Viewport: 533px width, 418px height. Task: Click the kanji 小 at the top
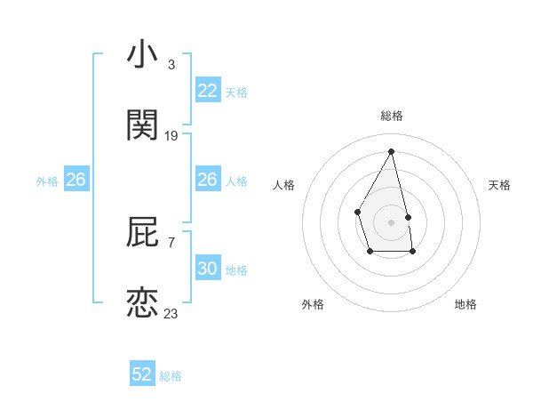click(142, 55)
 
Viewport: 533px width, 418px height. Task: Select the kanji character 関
click(142, 125)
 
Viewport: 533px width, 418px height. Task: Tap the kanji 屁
click(142, 231)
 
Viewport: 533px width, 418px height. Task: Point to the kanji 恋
click(142, 302)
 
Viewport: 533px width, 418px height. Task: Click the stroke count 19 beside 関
click(171, 136)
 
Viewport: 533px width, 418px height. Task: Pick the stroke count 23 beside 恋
click(171, 313)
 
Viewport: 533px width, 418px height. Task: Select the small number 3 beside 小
click(171, 65)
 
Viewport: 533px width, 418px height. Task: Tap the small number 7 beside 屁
click(171, 242)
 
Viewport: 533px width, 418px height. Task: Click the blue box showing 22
click(208, 91)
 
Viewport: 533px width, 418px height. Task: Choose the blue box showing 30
click(208, 269)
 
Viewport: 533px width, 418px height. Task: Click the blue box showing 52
click(142, 374)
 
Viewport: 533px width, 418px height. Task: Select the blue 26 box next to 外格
click(76, 180)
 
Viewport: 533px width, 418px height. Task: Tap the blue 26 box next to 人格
click(208, 180)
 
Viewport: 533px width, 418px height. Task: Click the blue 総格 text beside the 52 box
click(171, 376)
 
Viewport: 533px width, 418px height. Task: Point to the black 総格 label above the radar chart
click(392, 116)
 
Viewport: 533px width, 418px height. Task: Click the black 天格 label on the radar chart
click(500, 185)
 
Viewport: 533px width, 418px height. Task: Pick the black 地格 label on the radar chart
click(465, 304)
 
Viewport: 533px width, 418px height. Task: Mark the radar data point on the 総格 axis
click(392, 150)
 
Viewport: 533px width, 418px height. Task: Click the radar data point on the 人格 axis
click(357, 211)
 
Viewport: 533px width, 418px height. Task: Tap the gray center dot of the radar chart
click(392, 221)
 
